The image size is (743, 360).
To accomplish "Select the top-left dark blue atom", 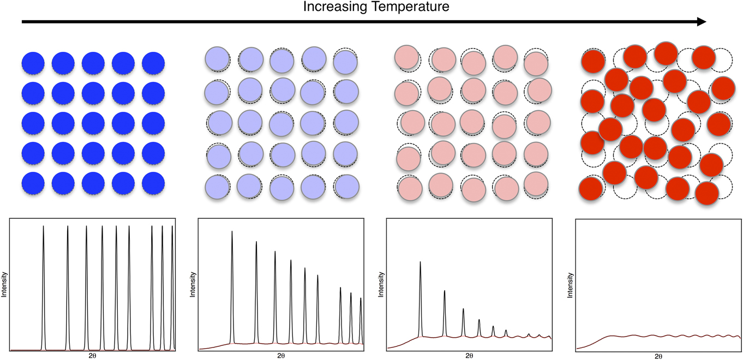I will coord(33,63).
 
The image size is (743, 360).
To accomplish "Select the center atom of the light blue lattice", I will coord(281,121).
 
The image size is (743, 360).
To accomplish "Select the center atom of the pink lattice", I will coord(472,121).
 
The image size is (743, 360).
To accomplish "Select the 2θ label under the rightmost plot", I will coord(658,356).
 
